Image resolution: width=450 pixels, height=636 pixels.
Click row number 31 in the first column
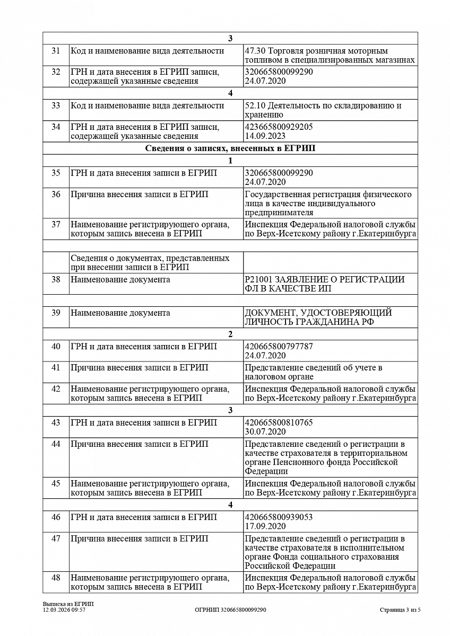pyautogui.click(x=56, y=51)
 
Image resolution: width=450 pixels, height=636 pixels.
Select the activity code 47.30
pyautogui.click(x=255, y=51)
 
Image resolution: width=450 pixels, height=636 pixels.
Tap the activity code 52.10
pyautogui.click(x=255, y=105)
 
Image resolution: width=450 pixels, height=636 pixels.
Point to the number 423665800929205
pyautogui.click(x=279, y=127)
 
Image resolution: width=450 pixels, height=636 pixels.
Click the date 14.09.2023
pyautogui.click(x=265, y=136)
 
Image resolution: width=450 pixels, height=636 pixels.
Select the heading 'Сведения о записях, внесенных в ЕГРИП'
pyautogui.click(x=230, y=148)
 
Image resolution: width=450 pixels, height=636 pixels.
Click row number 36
pyautogui.click(x=56, y=195)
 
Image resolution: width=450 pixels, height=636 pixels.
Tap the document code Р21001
pyautogui.click(x=258, y=279)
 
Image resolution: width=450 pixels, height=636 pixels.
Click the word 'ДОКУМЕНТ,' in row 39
pyautogui.click(x=267, y=313)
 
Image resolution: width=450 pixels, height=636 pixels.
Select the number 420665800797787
pyautogui.click(x=279, y=347)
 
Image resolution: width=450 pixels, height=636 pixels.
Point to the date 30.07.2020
pyautogui.click(x=265, y=432)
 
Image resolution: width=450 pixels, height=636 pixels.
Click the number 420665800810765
pyautogui.click(x=279, y=423)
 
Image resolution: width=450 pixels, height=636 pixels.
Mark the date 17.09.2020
pyautogui.click(x=265, y=526)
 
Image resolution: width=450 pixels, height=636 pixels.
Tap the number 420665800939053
pyautogui.click(x=279, y=517)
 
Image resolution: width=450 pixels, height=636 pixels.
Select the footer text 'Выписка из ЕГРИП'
pyautogui.click(x=64, y=604)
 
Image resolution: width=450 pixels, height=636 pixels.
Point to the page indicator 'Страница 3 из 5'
pyautogui.click(x=400, y=610)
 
